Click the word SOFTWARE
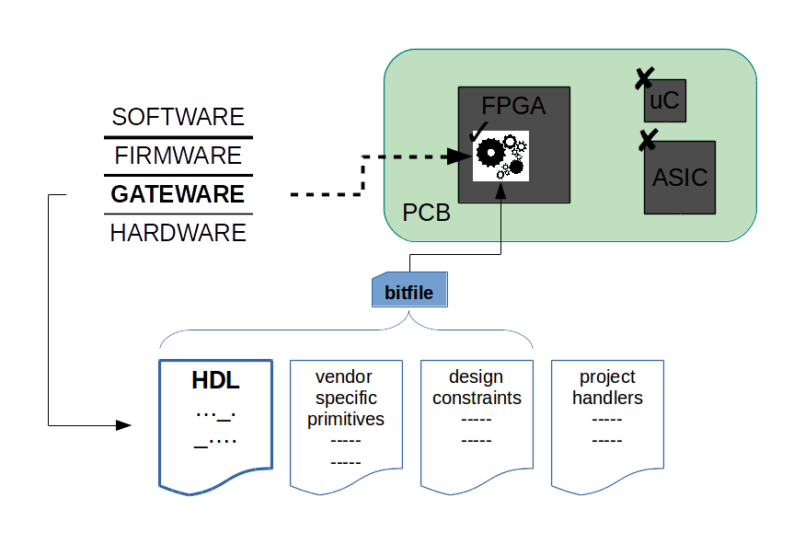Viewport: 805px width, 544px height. click(178, 117)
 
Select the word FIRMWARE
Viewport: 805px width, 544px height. click(178, 156)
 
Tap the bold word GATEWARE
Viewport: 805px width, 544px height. click(178, 194)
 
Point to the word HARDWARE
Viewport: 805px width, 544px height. click(178, 233)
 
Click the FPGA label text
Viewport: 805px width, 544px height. click(513, 107)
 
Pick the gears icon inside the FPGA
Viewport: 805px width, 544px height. click(500, 156)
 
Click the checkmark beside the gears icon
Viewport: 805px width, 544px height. click(478, 132)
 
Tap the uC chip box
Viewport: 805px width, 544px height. click(665, 100)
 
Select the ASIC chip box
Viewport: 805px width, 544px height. click(680, 178)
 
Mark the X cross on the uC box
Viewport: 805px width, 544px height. click(644, 78)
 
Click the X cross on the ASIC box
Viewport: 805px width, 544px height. click(649, 140)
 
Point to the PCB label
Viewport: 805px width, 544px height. click(426, 213)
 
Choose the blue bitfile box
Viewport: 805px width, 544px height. click(409, 290)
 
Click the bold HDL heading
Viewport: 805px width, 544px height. click(215, 381)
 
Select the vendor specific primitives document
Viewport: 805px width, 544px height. click(346, 426)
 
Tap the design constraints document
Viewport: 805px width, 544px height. click(477, 426)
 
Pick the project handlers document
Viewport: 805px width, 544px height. click(607, 426)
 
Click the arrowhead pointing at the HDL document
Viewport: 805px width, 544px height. click(123, 425)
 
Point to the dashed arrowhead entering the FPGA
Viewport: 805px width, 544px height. click(458, 156)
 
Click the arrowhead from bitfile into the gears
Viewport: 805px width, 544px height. click(500, 191)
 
